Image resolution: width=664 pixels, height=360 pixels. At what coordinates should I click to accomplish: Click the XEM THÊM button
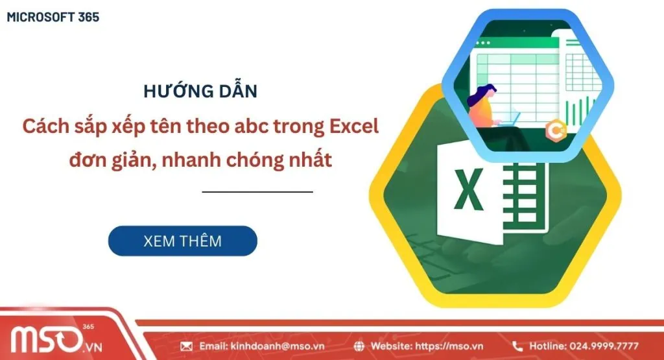click(x=182, y=241)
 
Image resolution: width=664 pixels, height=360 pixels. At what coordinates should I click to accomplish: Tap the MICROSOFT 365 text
click(x=53, y=18)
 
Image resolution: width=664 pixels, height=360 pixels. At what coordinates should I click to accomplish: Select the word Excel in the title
click(x=355, y=126)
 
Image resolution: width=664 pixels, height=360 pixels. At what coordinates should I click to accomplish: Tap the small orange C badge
click(x=555, y=128)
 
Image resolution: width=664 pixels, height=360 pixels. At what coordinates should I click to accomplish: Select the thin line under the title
click(x=257, y=192)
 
